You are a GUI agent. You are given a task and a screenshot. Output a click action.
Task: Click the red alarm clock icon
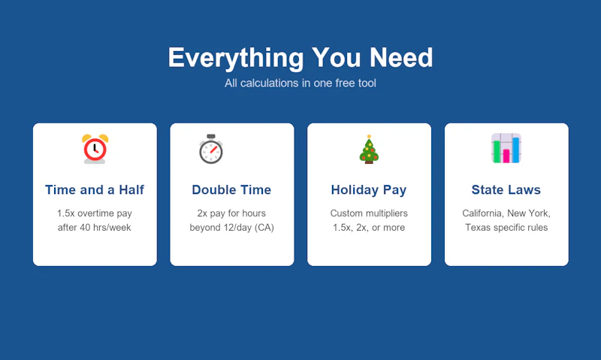click(95, 149)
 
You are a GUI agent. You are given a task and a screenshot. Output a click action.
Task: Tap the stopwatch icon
click(211, 149)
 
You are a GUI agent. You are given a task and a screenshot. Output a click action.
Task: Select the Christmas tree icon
click(369, 149)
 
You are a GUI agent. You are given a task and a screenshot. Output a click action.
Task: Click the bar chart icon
click(506, 148)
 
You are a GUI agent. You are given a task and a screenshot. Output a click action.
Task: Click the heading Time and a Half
click(95, 190)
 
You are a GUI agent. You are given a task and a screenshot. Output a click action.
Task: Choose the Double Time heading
click(231, 190)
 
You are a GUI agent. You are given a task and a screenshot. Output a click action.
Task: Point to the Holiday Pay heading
click(369, 190)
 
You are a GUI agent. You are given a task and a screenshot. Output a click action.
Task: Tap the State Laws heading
click(506, 190)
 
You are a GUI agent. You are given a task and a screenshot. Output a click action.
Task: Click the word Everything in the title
click(236, 58)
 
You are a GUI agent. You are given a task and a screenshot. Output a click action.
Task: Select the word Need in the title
click(401, 58)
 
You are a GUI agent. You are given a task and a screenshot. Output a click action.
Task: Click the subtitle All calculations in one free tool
click(300, 83)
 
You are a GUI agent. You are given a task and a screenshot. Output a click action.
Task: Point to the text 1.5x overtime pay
click(95, 213)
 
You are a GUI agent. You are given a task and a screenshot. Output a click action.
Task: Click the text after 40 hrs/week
click(95, 227)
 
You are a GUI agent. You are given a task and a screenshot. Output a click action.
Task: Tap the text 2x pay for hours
click(231, 213)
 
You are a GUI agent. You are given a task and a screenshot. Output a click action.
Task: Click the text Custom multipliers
click(369, 213)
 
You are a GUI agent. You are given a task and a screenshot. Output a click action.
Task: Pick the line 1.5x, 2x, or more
click(369, 228)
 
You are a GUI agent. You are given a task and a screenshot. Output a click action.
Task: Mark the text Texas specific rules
click(506, 228)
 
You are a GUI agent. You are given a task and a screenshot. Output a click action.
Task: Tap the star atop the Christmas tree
click(369, 136)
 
